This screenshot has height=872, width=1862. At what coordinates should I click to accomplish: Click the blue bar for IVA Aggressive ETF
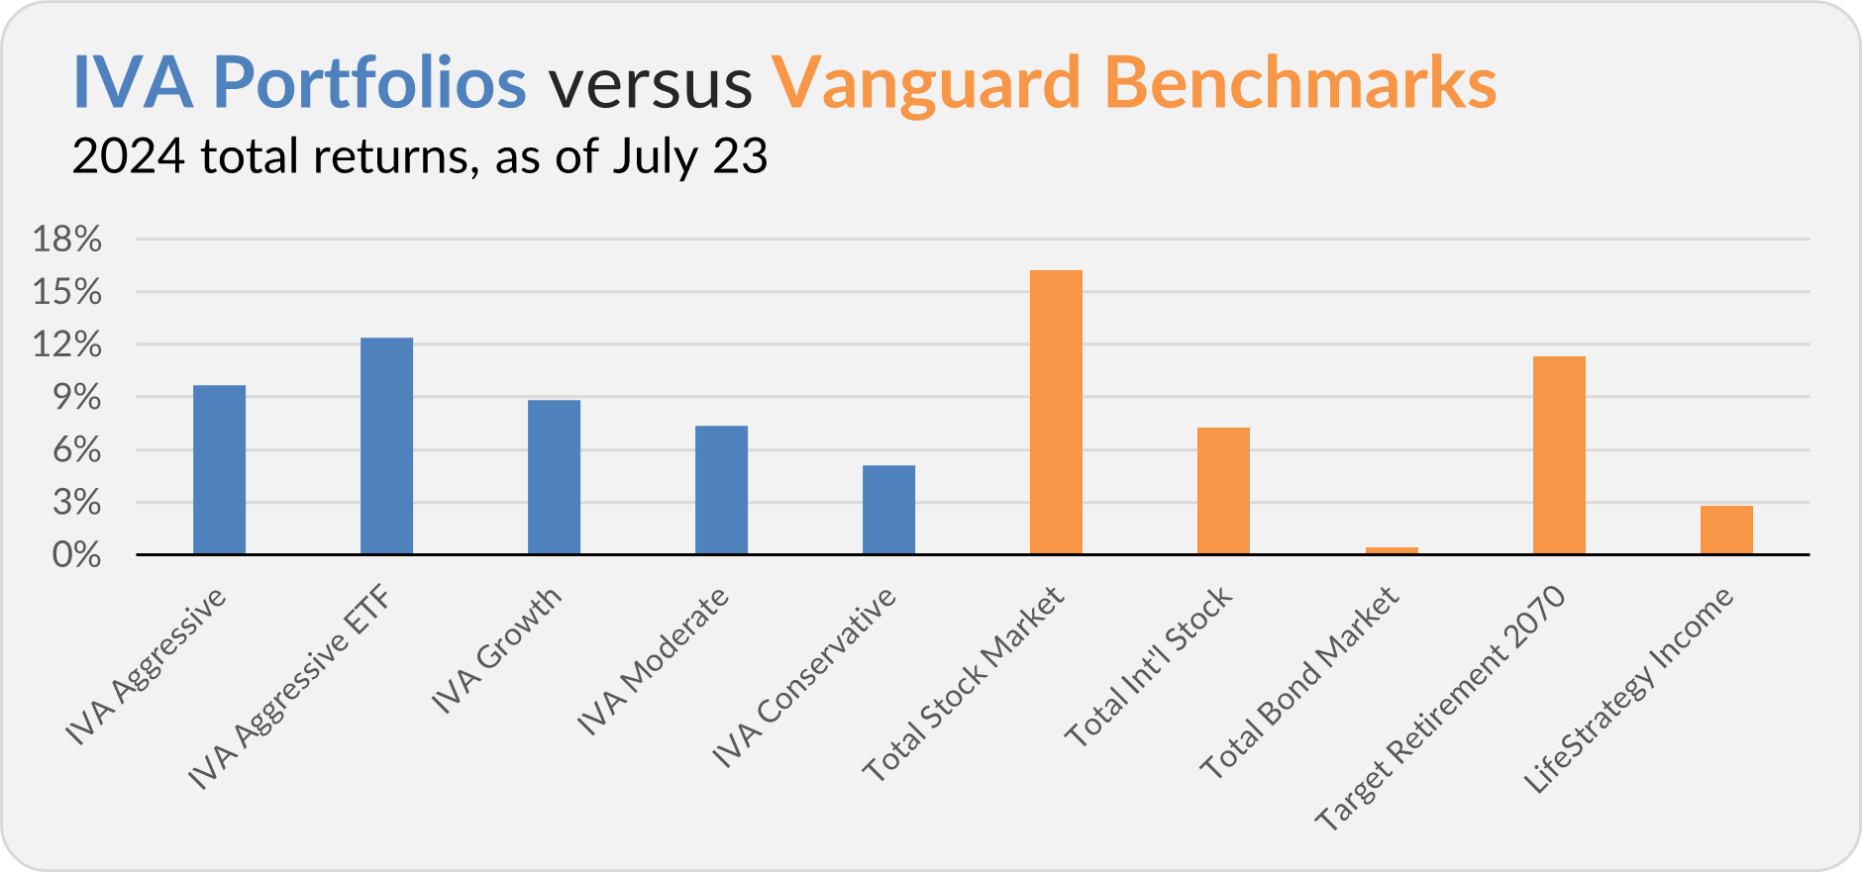386,445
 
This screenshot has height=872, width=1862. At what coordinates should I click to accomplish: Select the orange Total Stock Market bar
1056,412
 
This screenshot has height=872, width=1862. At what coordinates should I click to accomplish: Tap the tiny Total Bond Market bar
1392,550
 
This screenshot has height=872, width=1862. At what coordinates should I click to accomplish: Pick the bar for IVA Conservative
888,510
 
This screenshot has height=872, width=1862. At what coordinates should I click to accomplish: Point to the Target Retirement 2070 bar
1559,455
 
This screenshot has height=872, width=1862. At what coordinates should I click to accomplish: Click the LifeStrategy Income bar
1726,530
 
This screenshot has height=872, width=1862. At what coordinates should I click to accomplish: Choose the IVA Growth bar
554,477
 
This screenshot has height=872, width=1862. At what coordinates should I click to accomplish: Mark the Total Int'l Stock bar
1223,491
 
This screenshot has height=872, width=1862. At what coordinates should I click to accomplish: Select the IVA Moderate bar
721,490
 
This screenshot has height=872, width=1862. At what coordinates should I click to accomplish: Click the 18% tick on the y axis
67,239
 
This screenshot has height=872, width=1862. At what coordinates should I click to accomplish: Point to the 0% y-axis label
76,555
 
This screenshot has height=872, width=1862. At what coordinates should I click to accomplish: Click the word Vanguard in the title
926,84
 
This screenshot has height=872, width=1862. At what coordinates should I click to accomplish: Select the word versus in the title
651,85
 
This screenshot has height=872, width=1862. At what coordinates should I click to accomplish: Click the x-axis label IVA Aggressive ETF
289,689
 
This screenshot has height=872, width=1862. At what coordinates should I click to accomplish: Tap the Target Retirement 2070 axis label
1441,708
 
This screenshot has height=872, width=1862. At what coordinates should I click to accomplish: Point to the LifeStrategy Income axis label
1628,690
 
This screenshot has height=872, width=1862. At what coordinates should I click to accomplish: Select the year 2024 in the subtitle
129,156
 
